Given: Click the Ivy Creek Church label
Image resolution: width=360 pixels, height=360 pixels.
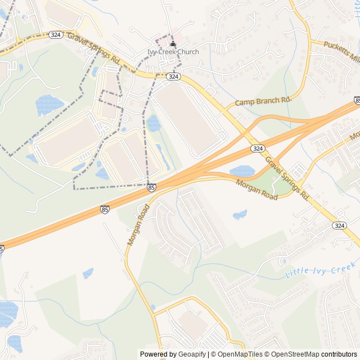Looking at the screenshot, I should (x=173, y=52).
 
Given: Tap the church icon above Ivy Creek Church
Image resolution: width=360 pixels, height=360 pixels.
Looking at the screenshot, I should (x=173, y=44).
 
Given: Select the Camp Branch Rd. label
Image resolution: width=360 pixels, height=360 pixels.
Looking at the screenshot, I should (x=264, y=101).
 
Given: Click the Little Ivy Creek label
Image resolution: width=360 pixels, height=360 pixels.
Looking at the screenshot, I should (x=321, y=271).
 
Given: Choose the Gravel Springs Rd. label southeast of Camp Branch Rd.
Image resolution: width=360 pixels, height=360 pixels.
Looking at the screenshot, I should (x=287, y=178).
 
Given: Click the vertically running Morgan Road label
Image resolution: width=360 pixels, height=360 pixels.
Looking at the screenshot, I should (x=137, y=225).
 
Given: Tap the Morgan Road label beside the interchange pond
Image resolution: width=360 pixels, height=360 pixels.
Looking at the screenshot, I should (x=257, y=190).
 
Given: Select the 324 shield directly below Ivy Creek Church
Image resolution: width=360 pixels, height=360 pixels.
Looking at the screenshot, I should (x=173, y=76).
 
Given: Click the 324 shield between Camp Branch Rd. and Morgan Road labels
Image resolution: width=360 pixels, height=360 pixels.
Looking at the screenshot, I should (x=258, y=148).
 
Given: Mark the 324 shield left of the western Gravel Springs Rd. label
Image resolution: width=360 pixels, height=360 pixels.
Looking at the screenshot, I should (x=56, y=34).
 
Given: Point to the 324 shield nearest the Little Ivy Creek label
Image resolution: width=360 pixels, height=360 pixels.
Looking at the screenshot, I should (x=339, y=225).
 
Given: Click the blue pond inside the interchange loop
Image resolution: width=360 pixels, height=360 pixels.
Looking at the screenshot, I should (x=242, y=171).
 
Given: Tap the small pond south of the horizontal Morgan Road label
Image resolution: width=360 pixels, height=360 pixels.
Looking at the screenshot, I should (x=240, y=214).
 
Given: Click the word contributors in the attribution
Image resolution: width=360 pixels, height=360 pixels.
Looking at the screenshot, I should (x=339, y=354).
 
